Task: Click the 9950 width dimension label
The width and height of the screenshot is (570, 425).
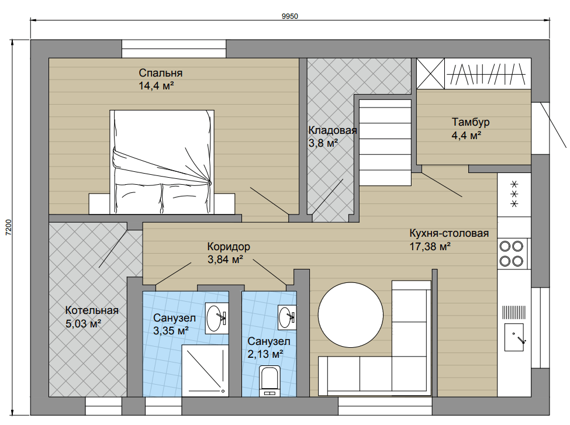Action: pyautogui.click(x=289, y=16)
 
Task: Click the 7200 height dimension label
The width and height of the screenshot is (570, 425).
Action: pyautogui.click(x=9, y=227)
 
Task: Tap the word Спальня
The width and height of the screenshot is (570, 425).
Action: pyautogui.click(x=160, y=73)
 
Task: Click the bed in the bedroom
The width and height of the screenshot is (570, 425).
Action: pyautogui.click(x=162, y=162)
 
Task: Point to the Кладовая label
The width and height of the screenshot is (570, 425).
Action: pyautogui.click(x=333, y=130)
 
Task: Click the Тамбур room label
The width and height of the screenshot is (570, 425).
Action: pyautogui.click(x=471, y=122)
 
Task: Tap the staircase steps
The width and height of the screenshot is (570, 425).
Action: pyautogui.click(x=385, y=142)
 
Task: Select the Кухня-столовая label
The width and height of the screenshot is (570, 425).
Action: pyautogui.click(x=449, y=233)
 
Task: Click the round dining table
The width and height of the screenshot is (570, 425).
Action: pyautogui.click(x=350, y=315)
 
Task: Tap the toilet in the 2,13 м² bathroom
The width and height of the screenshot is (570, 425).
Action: pyautogui.click(x=270, y=381)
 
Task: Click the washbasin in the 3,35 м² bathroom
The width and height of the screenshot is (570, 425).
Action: pyautogui.click(x=217, y=318)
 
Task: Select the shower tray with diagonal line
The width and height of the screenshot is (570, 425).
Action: pyautogui.click(x=205, y=371)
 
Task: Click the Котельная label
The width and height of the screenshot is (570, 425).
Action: pyautogui.click(x=92, y=310)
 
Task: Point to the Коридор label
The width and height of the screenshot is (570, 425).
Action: pyautogui.click(x=229, y=247)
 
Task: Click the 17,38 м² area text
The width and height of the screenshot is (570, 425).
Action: pyautogui.click(x=430, y=247)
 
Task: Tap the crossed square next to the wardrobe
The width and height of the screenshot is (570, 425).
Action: pyautogui.click(x=430, y=74)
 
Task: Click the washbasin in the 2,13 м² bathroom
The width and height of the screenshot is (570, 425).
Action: pyautogui.click(x=287, y=317)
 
